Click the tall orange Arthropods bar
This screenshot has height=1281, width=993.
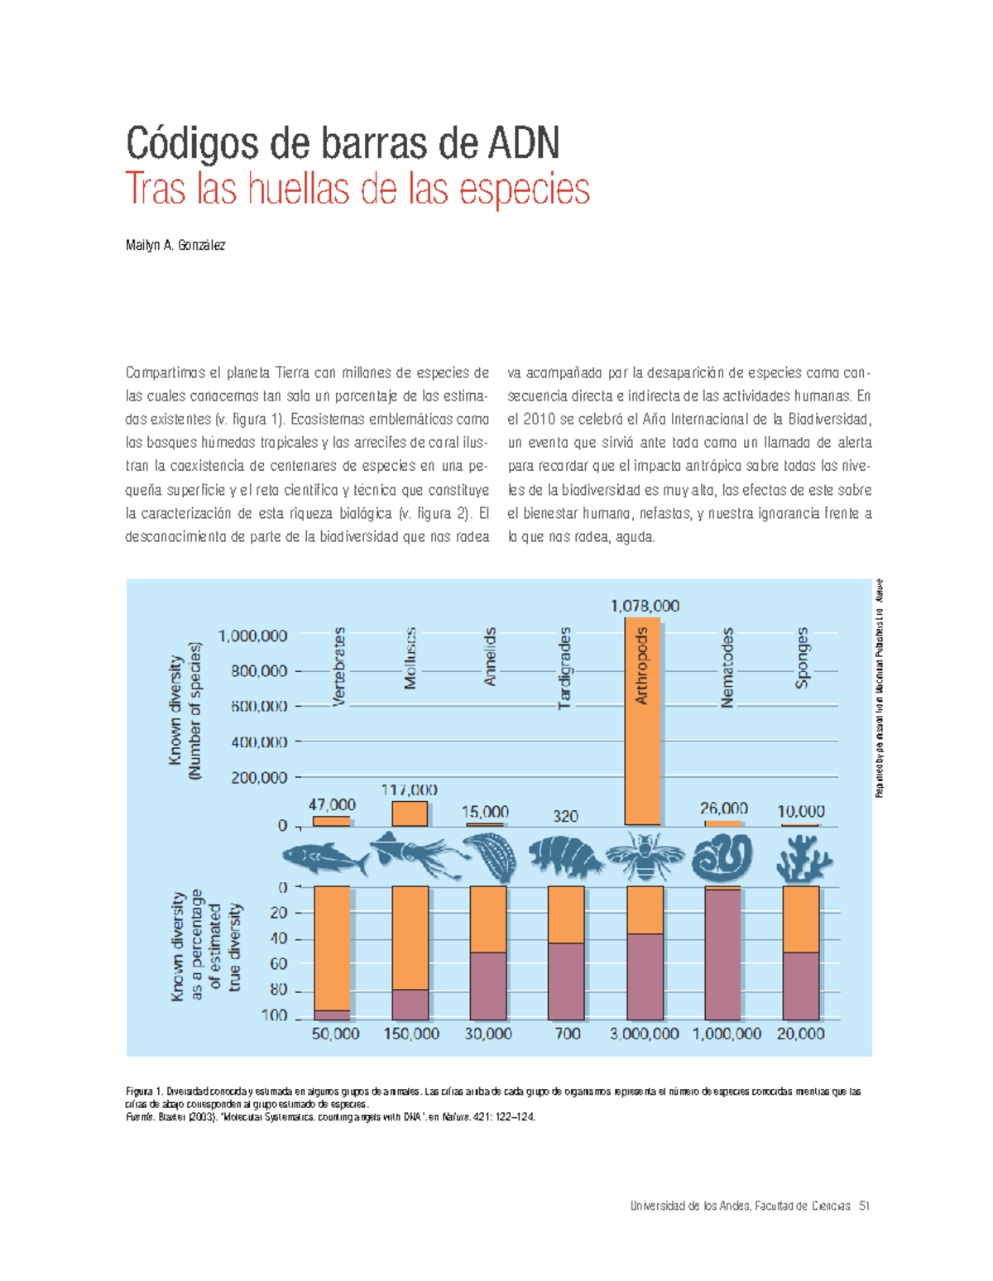(642, 721)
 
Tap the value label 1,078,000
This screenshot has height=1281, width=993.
(645, 606)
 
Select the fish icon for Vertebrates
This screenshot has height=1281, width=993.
(324, 859)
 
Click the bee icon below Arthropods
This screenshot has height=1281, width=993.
(645, 857)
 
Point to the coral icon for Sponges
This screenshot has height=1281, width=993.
(803, 858)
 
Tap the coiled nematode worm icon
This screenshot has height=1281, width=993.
(722, 857)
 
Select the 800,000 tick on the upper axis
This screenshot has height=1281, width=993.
(259, 671)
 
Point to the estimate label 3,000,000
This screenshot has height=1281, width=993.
(645, 1034)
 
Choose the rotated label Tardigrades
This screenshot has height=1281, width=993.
(565, 668)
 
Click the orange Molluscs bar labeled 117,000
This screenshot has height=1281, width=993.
(410, 813)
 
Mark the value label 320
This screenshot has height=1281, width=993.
(565, 816)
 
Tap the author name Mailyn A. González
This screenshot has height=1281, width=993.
(175, 245)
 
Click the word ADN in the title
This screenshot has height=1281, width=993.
(524, 144)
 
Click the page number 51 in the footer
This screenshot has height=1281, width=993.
(864, 1206)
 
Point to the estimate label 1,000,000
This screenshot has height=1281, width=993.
(727, 1034)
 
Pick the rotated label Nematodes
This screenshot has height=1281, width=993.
(727, 668)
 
